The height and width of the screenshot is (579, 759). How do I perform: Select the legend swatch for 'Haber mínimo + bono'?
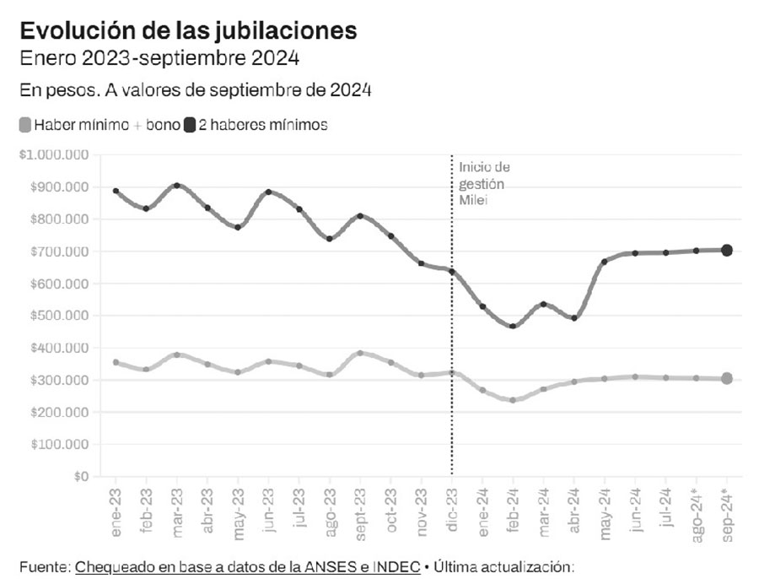(x=24, y=126)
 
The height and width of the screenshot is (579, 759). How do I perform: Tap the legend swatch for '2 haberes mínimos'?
(x=190, y=126)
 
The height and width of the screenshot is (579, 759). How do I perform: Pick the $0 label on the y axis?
(x=82, y=477)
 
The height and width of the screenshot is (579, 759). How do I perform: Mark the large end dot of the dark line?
(x=726, y=250)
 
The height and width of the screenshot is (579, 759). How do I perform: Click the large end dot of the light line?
(x=726, y=378)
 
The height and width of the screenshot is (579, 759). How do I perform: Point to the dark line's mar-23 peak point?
(x=177, y=185)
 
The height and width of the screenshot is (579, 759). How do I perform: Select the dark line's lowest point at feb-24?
(x=513, y=326)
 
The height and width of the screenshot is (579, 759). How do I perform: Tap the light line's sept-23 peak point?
(x=360, y=353)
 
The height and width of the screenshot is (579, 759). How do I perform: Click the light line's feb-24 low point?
(x=513, y=400)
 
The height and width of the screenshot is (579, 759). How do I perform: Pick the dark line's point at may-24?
(x=605, y=262)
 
